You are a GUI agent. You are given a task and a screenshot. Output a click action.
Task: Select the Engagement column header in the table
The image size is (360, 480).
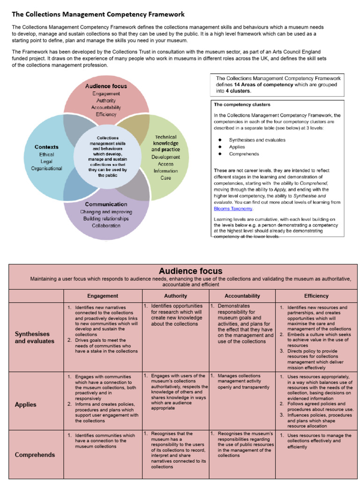pyautogui.click(x=102, y=296)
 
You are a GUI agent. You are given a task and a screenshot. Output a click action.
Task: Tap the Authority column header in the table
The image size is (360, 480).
pyautogui.click(x=176, y=296)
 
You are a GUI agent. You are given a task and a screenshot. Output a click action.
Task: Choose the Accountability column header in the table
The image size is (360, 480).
pyautogui.click(x=242, y=296)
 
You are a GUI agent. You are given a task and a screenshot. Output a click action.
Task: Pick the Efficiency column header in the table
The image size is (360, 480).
pyautogui.click(x=316, y=296)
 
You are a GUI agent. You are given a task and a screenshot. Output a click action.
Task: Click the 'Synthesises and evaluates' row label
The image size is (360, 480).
pyautogui.click(x=35, y=337)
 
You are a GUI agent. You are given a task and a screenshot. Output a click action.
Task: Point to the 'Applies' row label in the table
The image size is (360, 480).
pyautogui.click(x=25, y=404)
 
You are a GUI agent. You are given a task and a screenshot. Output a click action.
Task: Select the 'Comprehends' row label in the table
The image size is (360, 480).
pyautogui.click(x=35, y=455)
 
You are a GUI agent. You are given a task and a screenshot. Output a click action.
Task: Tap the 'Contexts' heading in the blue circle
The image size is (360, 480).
pyautogui.click(x=46, y=147)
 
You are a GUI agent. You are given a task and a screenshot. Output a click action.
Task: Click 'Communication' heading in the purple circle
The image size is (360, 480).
pyautogui.click(x=106, y=204)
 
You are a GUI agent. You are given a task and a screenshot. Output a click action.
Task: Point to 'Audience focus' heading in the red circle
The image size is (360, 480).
pyautogui.click(x=106, y=86)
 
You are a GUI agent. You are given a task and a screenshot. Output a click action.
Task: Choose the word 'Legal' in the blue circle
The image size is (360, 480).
pyautogui.click(x=46, y=161)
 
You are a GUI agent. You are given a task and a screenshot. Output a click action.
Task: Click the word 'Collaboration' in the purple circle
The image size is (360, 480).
pyautogui.click(x=106, y=225)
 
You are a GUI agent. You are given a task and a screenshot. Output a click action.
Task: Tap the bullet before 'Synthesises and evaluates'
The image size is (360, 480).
pyautogui.click(x=219, y=140)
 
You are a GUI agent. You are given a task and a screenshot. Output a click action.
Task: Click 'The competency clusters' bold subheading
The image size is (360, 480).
pyautogui.click(x=242, y=105)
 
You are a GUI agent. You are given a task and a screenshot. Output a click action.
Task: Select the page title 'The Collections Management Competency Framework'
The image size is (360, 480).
pyautogui.click(x=98, y=15)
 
